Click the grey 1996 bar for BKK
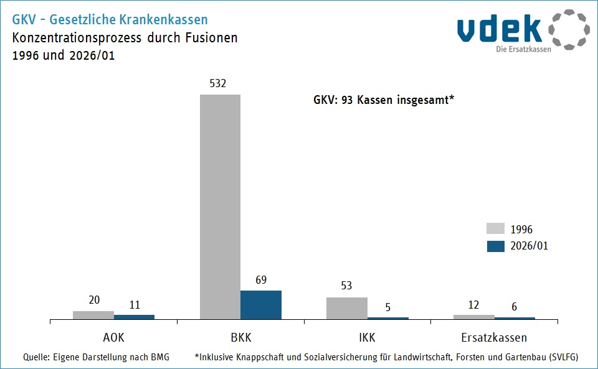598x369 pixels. click(220, 207)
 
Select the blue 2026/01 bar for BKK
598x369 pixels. click(261, 305)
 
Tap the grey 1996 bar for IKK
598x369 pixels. click(347, 308)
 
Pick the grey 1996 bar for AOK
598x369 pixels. click(93, 315)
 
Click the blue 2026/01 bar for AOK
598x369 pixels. click(134, 317)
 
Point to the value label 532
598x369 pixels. click(220, 83)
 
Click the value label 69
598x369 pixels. click(261, 280)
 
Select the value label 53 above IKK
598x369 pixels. click(346, 286)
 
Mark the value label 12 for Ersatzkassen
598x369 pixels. click(473, 304)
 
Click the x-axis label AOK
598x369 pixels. click(113, 338)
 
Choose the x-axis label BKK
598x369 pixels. click(241, 338)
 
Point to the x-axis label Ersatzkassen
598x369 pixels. click(495, 338)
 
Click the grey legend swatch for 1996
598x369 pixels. click(495, 229)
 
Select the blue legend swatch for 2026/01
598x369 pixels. click(495, 246)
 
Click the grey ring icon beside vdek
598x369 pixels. click(569, 29)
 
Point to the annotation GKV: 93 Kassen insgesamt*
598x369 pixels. click(383, 100)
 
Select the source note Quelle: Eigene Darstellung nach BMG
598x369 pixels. click(96, 357)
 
